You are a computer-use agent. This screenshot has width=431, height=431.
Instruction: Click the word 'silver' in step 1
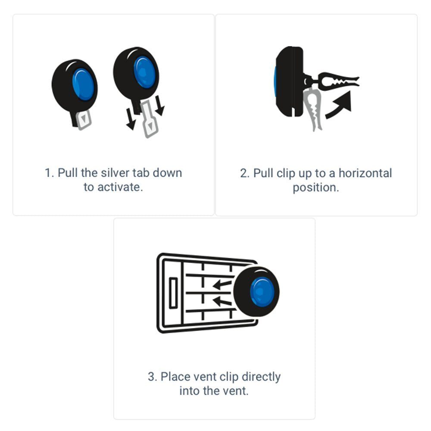click(115, 173)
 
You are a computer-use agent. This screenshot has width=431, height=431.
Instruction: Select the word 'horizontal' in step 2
click(365, 173)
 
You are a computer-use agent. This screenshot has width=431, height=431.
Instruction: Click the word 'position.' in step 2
click(316, 188)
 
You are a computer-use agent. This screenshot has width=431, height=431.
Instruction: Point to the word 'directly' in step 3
click(261, 377)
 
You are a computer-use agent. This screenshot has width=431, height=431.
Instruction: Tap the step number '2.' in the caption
click(245, 173)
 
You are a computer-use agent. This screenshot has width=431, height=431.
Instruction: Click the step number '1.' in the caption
click(50, 173)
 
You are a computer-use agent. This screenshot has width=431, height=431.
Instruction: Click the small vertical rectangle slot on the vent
click(173, 293)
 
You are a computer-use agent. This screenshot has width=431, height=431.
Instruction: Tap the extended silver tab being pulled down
click(149, 119)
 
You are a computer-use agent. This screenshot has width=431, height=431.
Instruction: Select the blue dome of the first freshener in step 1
click(83, 84)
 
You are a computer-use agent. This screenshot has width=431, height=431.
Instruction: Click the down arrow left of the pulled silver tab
click(130, 119)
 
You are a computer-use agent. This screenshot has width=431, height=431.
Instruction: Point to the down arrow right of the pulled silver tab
click(159, 106)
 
